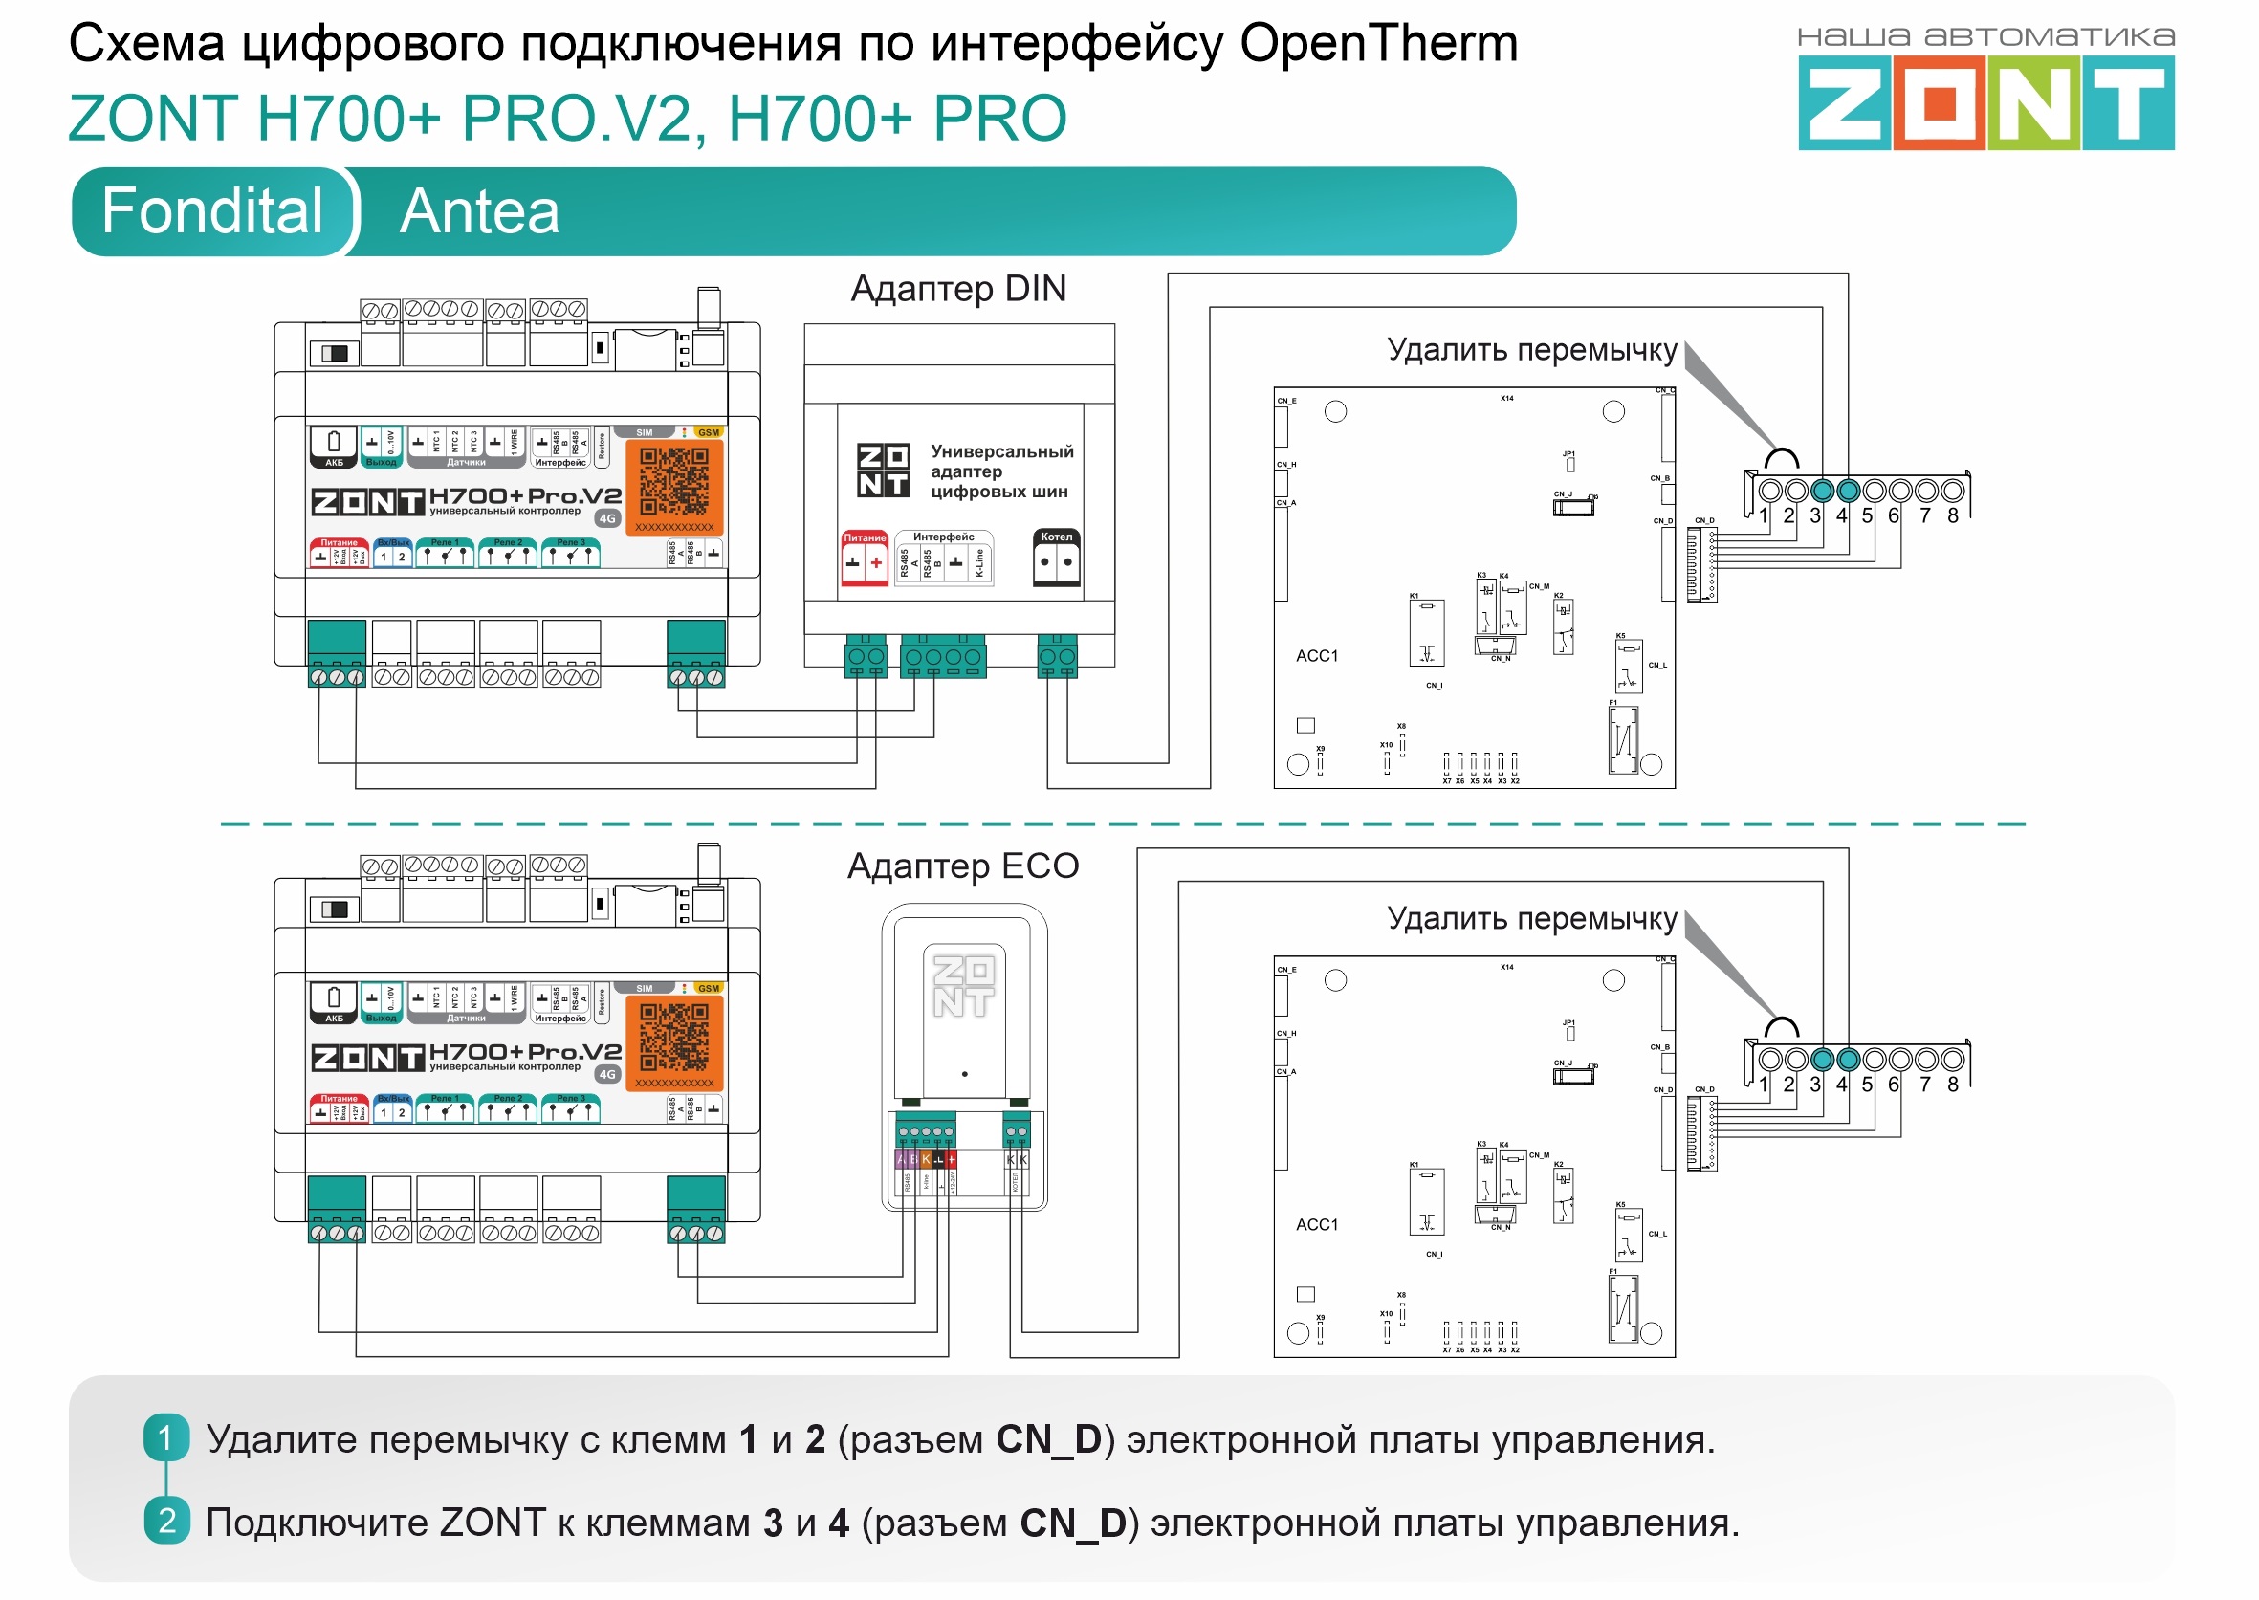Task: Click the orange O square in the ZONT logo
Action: click(x=1940, y=102)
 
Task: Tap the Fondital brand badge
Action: click(x=211, y=210)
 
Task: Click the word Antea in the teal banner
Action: click(x=480, y=211)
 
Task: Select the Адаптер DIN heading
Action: click(x=957, y=289)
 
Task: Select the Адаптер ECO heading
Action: click(x=962, y=866)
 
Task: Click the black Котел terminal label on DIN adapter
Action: click(x=1056, y=537)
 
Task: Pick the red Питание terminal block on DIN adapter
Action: click(x=864, y=559)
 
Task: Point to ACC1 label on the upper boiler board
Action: click(x=1317, y=656)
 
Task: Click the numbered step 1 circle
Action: click(x=165, y=1438)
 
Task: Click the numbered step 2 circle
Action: click(x=166, y=1522)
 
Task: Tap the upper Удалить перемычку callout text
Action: click(x=1532, y=350)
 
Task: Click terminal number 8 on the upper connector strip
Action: click(x=1953, y=515)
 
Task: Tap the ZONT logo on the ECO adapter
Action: click(x=963, y=987)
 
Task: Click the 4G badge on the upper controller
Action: click(x=608, y=518)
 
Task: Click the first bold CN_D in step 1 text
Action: click(x=1048, y=1439)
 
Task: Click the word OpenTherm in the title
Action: click(x=1378, y=43)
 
